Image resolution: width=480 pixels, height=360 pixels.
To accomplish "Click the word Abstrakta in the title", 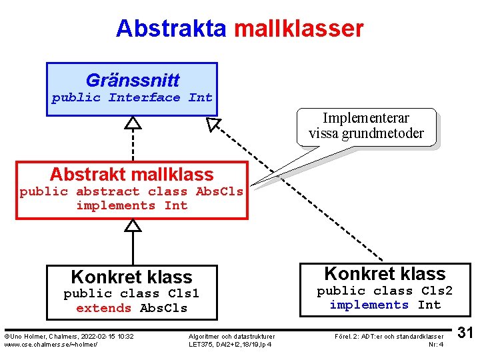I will tap(171, 29).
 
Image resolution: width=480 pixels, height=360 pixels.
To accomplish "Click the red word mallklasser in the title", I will tap(299, 29).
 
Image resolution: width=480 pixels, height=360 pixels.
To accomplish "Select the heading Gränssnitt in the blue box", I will tap(132, 81).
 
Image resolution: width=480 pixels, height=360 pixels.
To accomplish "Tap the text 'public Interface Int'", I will tap(132, 98).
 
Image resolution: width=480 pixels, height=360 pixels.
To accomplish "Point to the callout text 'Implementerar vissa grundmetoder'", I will tap(366, 126).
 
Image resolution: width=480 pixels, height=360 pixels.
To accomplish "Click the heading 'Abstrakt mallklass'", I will tap(131, 175).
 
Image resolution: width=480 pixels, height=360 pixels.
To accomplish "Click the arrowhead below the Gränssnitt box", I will tap(133, 123).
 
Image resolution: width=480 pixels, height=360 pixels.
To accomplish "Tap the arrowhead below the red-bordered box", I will tap(133, 225).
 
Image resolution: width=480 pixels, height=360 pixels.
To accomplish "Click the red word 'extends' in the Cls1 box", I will tap(104, 309).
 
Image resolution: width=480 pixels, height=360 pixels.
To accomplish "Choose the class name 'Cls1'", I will tap(183, 294).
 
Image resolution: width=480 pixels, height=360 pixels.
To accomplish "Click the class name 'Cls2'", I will tap(437, 291).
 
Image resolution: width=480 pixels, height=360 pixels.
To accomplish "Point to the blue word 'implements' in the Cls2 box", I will tap(369, 305).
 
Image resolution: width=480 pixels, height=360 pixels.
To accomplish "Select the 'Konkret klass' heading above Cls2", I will tap(385, 274).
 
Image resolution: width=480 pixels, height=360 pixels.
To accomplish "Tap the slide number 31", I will tap(466, 332).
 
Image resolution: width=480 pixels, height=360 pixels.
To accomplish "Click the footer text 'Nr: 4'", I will tap(436, 344).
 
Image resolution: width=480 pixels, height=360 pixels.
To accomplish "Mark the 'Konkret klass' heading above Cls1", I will tap(131, 277).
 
